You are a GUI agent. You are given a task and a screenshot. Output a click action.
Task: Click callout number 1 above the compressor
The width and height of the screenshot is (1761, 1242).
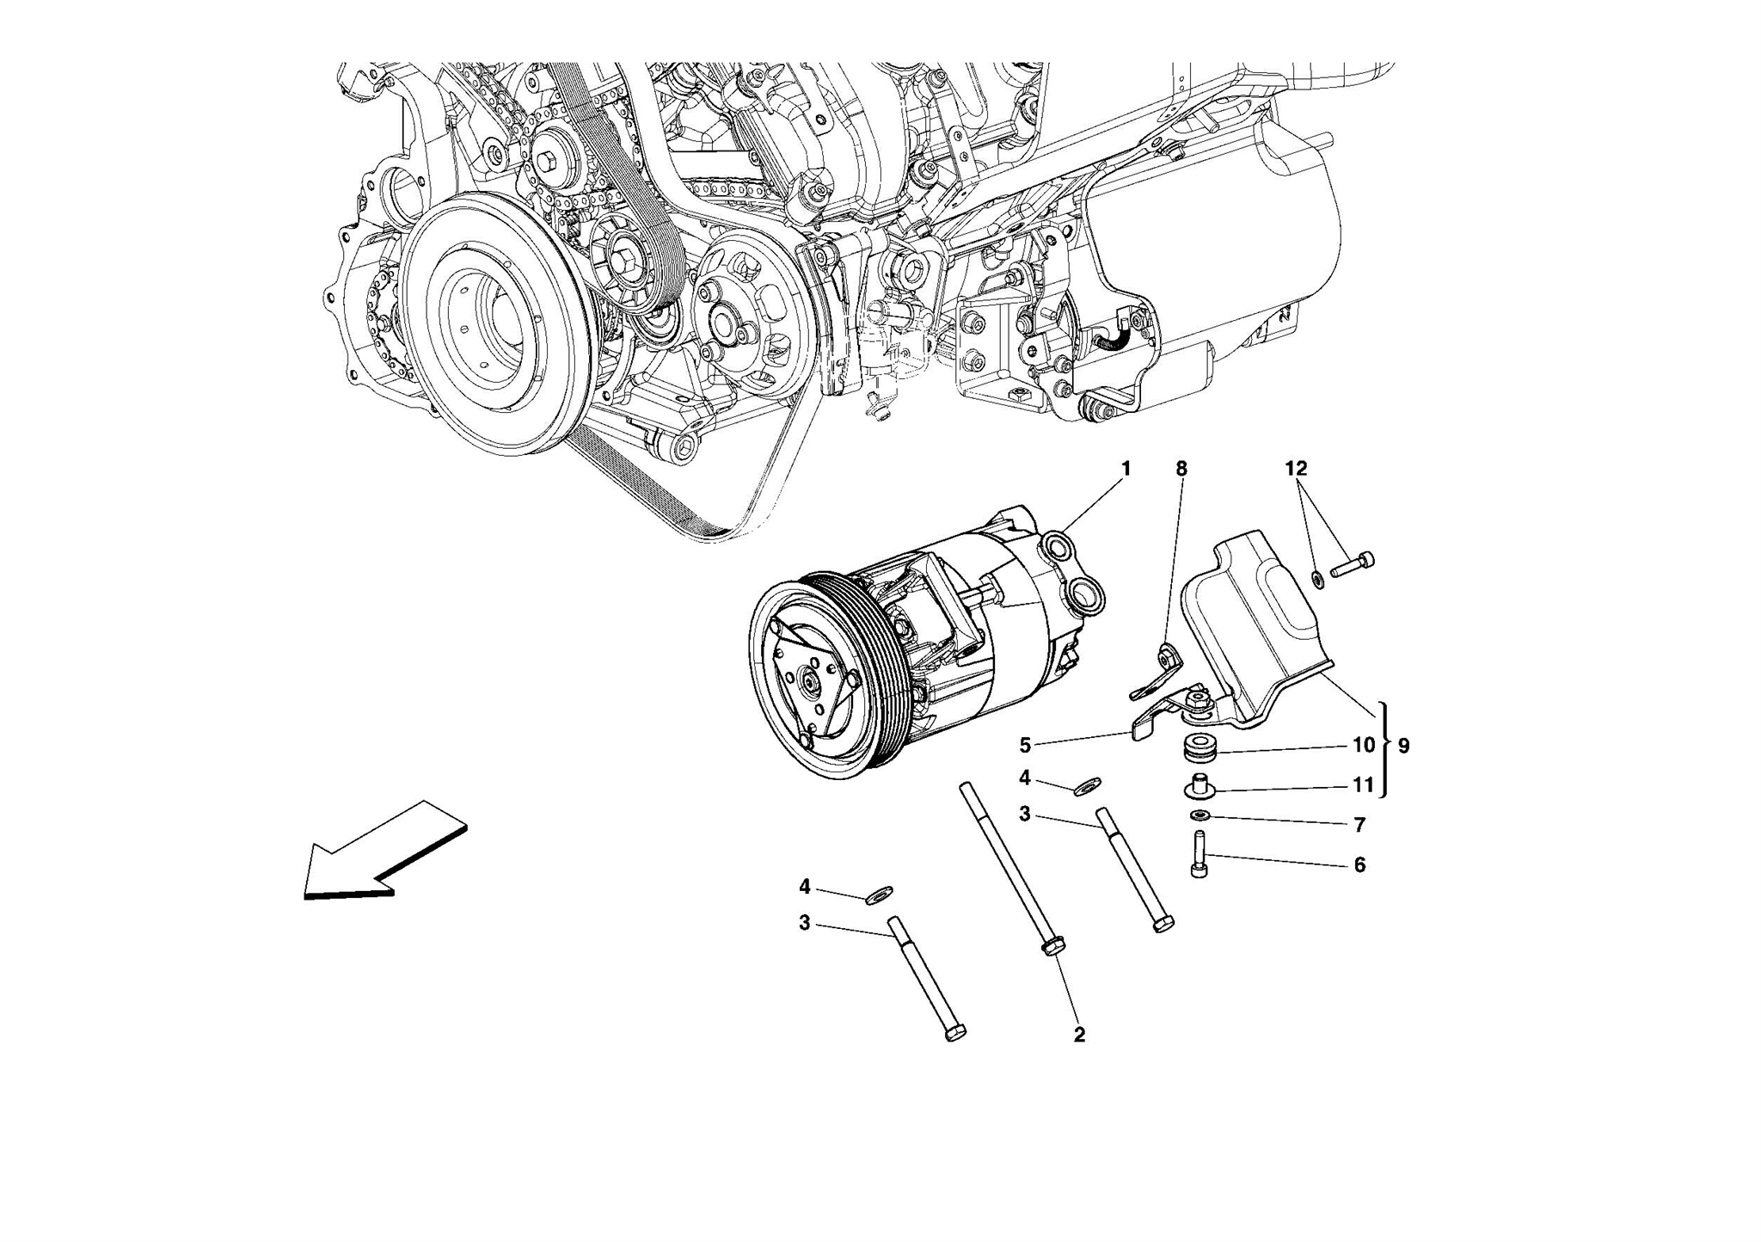[1126, 469]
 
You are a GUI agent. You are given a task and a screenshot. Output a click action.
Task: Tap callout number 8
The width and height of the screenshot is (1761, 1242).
[1181, 469]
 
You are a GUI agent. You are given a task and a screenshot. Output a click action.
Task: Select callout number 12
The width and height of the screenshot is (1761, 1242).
[1296, 469]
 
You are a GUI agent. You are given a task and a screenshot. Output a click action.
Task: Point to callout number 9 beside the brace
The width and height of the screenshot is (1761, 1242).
[1403, 746]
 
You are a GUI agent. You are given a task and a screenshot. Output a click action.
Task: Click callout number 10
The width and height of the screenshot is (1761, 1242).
[1364, 745]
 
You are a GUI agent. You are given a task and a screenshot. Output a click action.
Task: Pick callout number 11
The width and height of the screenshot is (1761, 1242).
[1364, 785]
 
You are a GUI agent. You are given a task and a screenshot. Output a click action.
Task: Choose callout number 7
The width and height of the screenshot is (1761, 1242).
[1359, 826]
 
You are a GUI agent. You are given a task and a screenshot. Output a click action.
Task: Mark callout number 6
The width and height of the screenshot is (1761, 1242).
[1359, 864]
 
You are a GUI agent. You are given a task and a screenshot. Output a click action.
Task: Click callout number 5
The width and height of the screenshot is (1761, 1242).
[1025, 745]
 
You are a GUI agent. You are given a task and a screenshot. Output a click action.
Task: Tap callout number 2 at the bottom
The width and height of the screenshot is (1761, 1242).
[1079, 1036]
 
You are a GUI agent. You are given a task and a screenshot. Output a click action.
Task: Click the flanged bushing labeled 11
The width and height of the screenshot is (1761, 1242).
[1198, 785]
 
